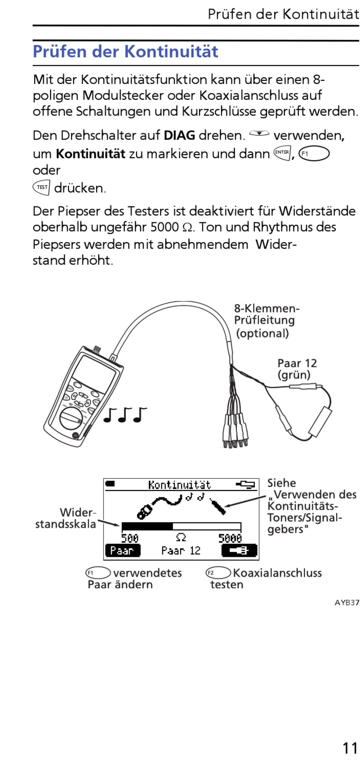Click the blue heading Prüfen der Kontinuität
(x=125, y=52)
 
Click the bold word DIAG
(x=179, y=135)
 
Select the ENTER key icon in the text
(x=282, y=153)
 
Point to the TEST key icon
(x=41, y=187)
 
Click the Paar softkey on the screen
(x=122, y=550)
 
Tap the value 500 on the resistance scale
(x=130, y=538)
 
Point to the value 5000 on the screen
(x=230, y=538)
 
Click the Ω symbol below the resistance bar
(x=181, y=537)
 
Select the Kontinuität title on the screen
(x=179, y=485)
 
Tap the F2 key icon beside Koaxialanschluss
(x=218, y=573)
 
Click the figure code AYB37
(x=347, y=603)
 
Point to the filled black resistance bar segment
(x=147, y=526)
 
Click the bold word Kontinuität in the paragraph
(x=90, y=154)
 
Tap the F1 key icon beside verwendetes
(x=98, y=573)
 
